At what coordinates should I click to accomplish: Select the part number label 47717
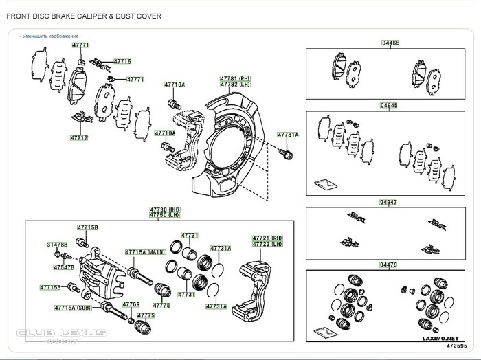(x=79, y=137)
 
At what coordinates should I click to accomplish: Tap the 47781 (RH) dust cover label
(x=234, y=78)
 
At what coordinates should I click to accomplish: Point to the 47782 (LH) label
(x=234, y=84)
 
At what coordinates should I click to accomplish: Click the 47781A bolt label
(x=287, y=135)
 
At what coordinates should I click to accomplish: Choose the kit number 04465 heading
(x=389, y=43)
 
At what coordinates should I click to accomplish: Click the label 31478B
(x=56, y=245)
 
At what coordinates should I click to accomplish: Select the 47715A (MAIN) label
(x=145, y=252)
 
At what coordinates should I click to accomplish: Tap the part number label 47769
(x=131, y=304)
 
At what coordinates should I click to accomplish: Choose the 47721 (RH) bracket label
(x=267, y=237)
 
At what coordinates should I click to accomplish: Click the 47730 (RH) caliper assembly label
(x=165, y=210)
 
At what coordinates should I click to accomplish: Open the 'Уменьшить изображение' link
(x=50, y=36)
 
